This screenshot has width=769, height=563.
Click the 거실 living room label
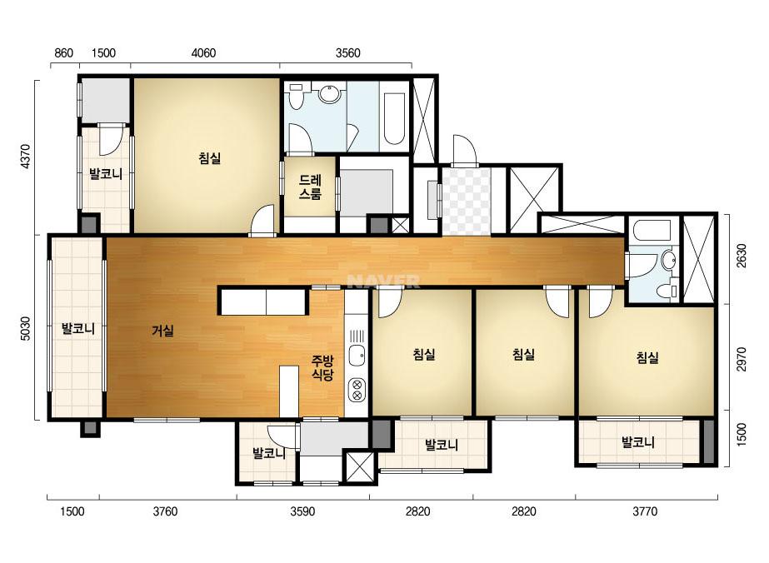coord(162,331)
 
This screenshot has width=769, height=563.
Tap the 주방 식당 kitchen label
coord(322,369)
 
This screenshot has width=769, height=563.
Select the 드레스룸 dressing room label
coord(310,187)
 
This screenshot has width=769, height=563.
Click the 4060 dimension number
coord(203,53)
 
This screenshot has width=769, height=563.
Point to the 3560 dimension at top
coord(347,53)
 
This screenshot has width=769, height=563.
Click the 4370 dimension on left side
coord(26,156)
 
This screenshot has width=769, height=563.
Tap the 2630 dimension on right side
coord(742,256)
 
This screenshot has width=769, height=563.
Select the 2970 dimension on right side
coord(742,360)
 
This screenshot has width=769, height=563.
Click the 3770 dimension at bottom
coord(644,511)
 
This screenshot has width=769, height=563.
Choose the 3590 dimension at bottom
coord(302,511)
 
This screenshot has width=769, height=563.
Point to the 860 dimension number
coord(64,53)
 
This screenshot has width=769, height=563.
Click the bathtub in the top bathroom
coord(394,117)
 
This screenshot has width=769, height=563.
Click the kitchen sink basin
coord(357,355)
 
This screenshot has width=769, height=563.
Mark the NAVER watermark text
coord(383,281)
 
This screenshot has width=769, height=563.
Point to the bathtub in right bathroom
coord(652,232)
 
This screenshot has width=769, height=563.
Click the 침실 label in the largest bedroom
coord(209,158)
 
